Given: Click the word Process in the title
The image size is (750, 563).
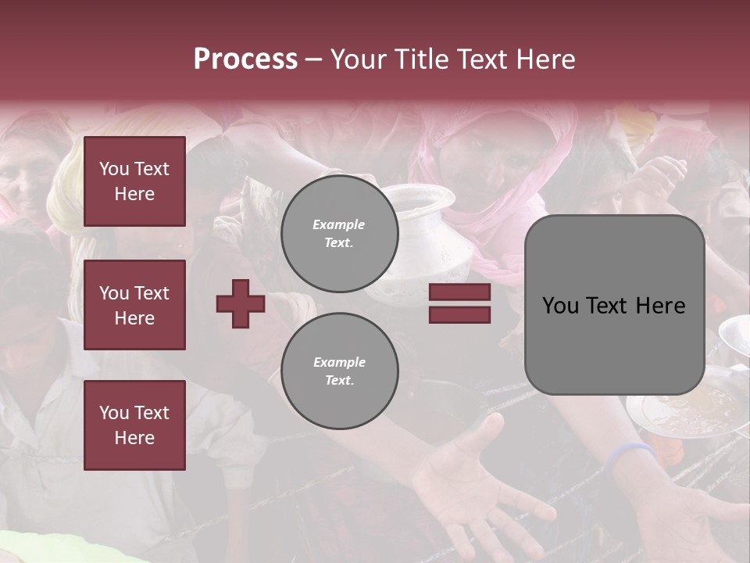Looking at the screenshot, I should point(245,59).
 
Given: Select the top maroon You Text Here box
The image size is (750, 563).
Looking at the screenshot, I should point(134,181).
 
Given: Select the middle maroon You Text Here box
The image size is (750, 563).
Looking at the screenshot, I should point(134,305).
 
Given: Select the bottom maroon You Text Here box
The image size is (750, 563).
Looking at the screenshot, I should point(134,425).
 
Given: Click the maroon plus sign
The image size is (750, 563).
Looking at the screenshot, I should point(241,303).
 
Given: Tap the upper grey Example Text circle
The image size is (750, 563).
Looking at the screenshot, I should point(339,233).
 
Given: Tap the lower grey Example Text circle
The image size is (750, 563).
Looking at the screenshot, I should point(339,371).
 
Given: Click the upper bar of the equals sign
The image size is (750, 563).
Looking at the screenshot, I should point(459,292).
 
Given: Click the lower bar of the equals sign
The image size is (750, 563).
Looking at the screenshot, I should point(459,314).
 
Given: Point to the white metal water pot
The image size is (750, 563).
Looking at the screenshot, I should point(426,235).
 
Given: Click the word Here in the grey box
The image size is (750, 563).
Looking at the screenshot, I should point(660,305).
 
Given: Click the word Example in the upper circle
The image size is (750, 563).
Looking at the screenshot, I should point(338,224).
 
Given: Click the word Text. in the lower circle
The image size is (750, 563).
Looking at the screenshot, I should point(339,380).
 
